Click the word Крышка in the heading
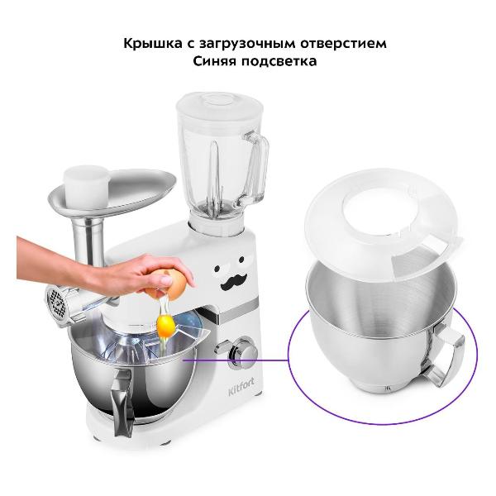153,43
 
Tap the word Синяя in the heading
215,60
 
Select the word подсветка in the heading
279,60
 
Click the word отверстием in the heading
344,43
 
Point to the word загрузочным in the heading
247,44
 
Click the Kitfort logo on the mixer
241,388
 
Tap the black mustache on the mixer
233,282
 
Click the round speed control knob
244,353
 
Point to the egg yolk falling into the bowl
166,326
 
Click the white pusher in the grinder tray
87,186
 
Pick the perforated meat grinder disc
57,304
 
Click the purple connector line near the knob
236,360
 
